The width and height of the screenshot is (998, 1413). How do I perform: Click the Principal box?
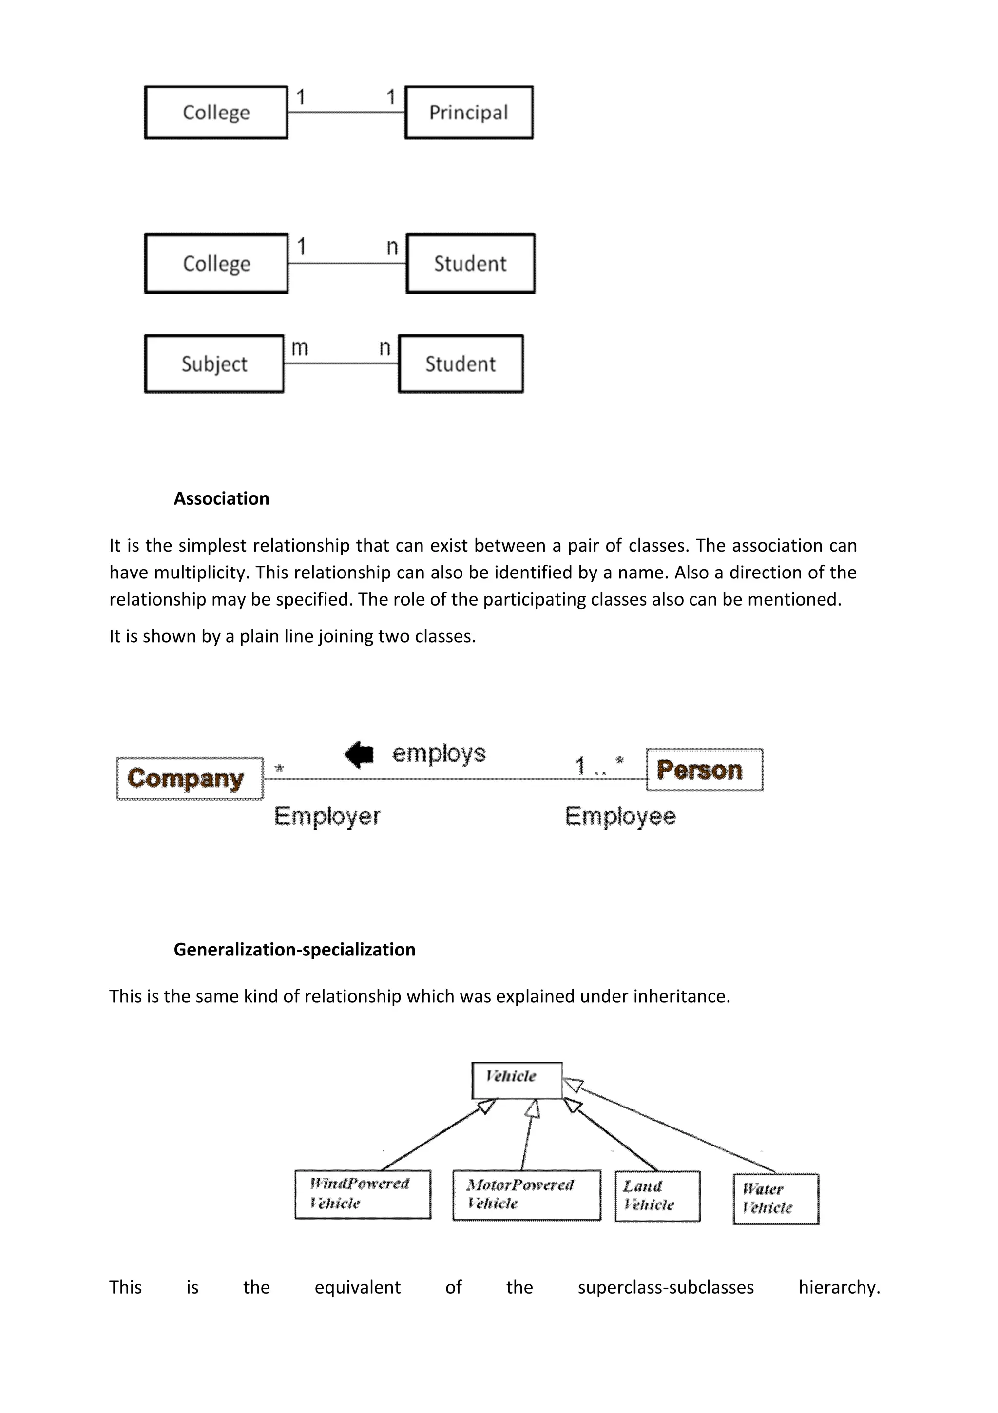(468, 113)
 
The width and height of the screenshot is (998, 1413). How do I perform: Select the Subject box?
(214, 363)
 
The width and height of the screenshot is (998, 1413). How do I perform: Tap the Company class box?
(190, 779)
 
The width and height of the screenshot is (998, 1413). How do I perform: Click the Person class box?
(704, 770)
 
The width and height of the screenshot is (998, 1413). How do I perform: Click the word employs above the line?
(439, 753)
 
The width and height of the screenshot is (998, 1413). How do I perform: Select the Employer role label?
(327, 817)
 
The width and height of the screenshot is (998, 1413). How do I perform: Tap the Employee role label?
(620, 817)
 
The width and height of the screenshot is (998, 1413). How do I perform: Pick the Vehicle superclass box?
(517, 1080)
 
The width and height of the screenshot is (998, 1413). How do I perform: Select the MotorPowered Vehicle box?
(526, 1195)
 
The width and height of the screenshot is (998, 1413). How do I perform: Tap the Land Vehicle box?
(657, 1196)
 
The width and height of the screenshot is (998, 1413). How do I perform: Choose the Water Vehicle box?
(776, 1199)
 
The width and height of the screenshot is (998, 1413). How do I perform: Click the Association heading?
(221, 498)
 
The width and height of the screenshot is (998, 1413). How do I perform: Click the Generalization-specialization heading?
(294, 950)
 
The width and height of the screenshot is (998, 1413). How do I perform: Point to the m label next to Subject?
(299, 348)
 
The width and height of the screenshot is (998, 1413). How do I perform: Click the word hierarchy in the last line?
(839, 1287)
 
